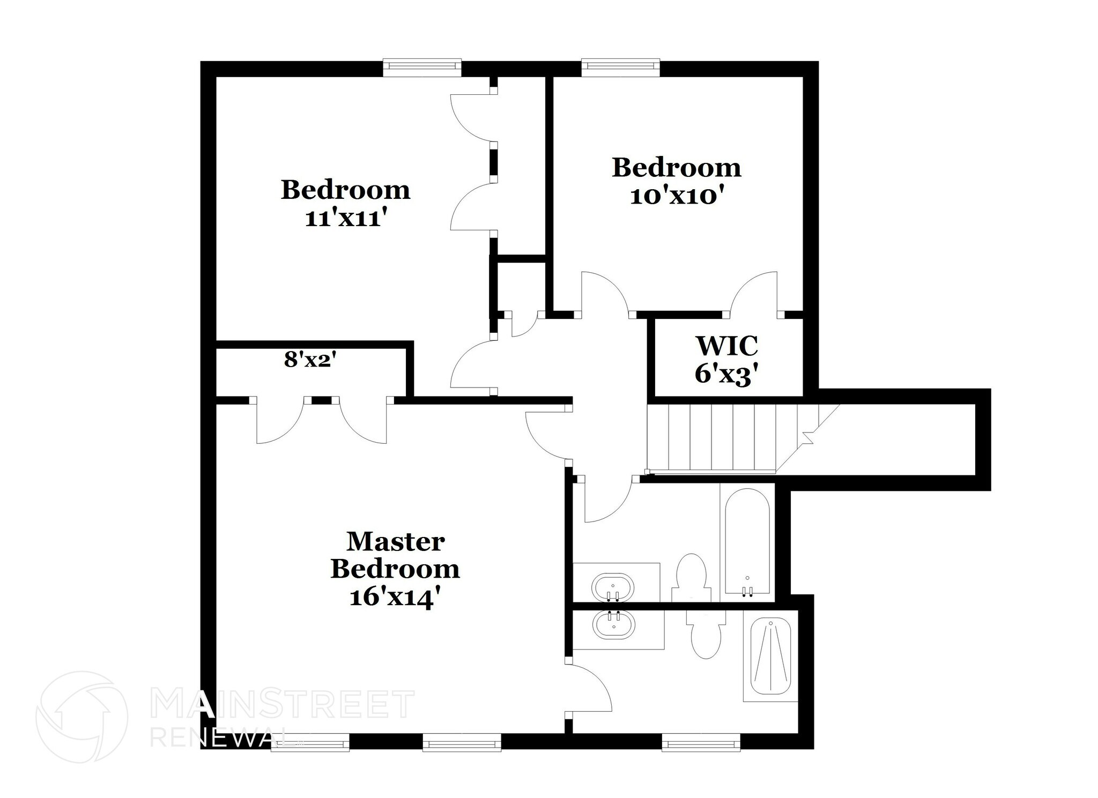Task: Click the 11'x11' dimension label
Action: (x=346, y=219)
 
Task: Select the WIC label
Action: (x=727, y=346)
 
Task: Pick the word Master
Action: (x=395, y=542)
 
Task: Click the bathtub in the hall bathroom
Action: (x=747, y=541)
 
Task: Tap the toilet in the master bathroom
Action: (x=706, y=638)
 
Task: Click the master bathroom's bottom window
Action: (x=701, y=742)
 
